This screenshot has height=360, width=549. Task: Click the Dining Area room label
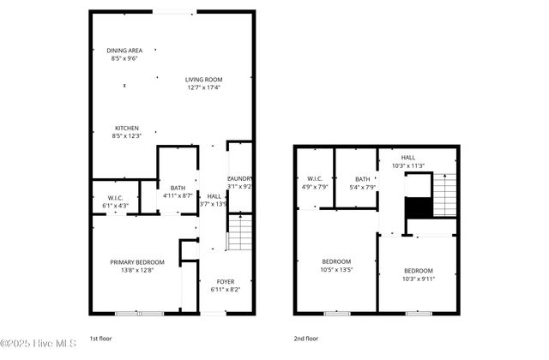coord(124,51)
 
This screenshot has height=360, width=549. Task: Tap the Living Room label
coord(203,80)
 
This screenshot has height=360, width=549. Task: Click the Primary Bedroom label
coord(137,262)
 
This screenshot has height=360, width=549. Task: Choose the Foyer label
coord(225,281)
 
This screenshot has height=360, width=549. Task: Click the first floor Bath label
coord(178,188)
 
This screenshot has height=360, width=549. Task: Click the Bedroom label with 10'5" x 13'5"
coord(336,261)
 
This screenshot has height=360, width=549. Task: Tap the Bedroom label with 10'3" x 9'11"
coord(418,271)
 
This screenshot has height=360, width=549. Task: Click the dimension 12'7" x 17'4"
coord(203,87)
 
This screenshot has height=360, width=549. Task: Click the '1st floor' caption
coord(100,339)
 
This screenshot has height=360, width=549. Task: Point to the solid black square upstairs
coord(417,209)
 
